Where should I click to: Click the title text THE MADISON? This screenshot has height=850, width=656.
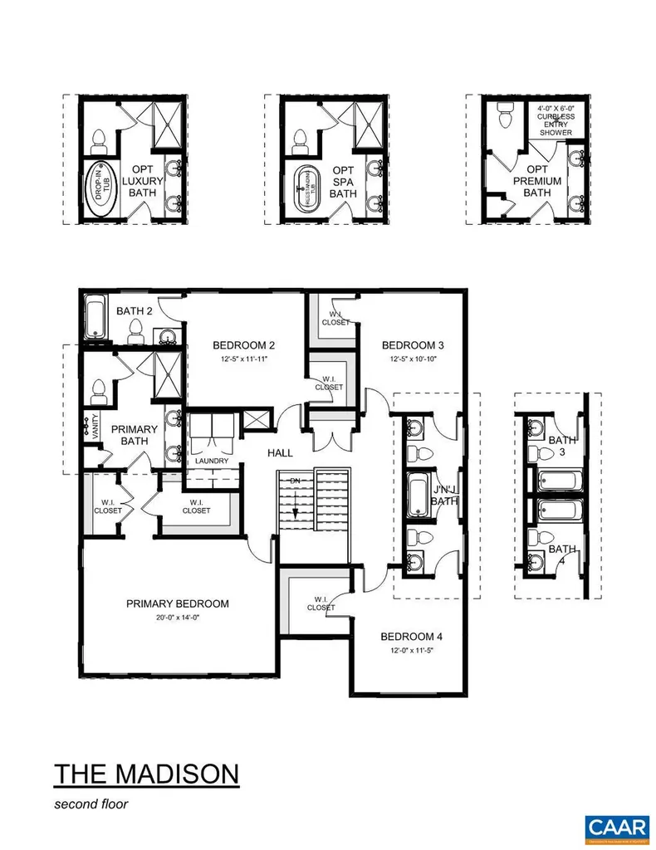pyautogui.click(x=146, y=774)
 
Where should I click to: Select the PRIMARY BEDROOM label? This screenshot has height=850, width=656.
pyautogui.click(x=177, y=603)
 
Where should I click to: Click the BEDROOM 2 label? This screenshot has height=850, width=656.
pyautogui.click(x=243, y=345)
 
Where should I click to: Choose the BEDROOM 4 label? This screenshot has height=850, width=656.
pyautogui.click(x=411, y=637)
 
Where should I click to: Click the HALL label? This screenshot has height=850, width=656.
pyautogui.click(x=280, y=453)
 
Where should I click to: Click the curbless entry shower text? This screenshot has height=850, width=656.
pyautogui.click(x=556, y=120)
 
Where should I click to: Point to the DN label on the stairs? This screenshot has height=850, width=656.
pyautogui.click(x=293, y=482)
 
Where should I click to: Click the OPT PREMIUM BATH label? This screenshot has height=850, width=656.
pyautogui.click(x=537, y=181)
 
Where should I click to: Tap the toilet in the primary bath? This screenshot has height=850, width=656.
pyautogui.click(x=100, y=388)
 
